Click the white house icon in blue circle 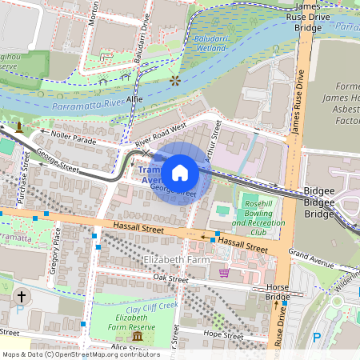click(x=180, y=172)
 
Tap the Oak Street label click(x=170, y=278)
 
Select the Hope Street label click(x=223, y=337)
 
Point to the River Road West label click(x=160, y=134)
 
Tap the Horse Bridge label click(x=277, y=291)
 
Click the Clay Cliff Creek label click(x=132, y=306)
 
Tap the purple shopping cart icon click(x=224, y=273)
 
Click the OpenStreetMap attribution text click(x=80, y=354)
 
